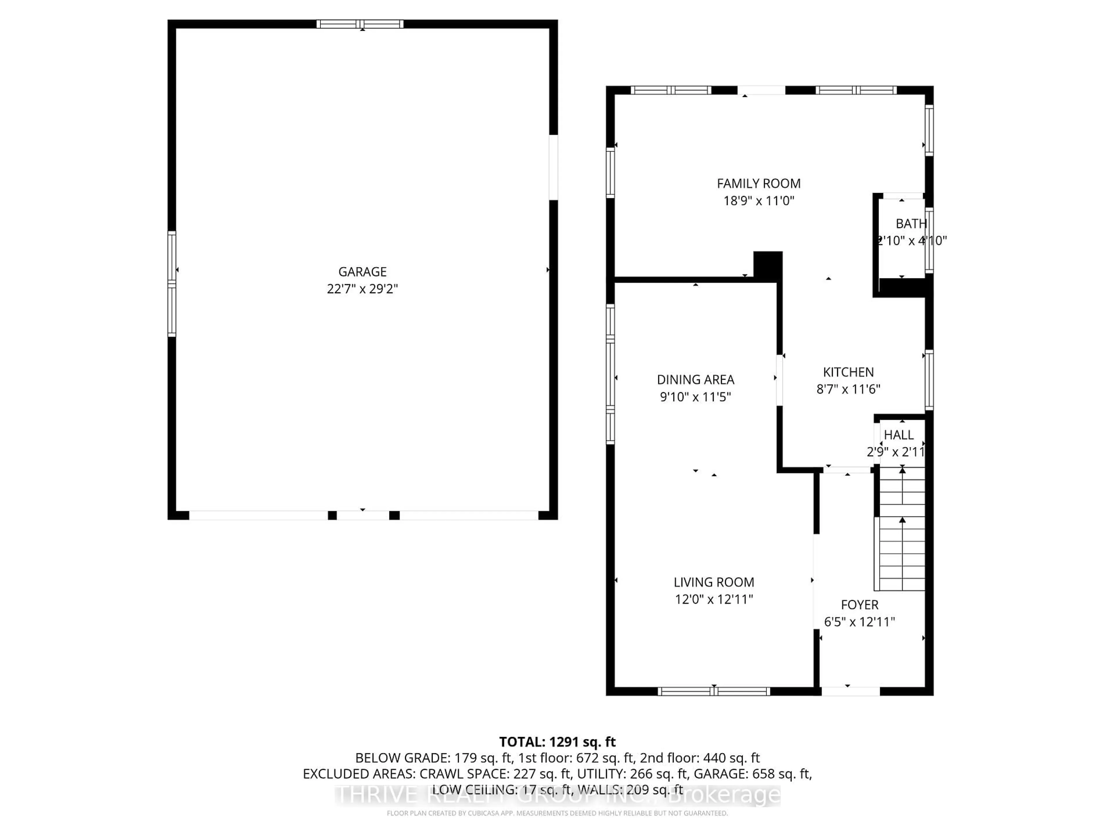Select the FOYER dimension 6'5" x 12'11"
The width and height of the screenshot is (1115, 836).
point(859,622)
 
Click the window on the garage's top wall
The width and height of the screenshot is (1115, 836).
point(360,24)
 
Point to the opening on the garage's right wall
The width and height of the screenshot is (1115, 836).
point(553,167)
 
